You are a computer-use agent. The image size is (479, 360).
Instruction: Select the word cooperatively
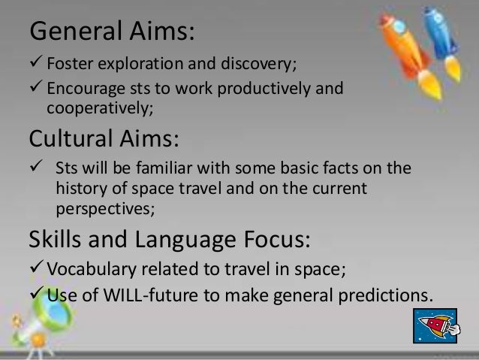tap(98, 110)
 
